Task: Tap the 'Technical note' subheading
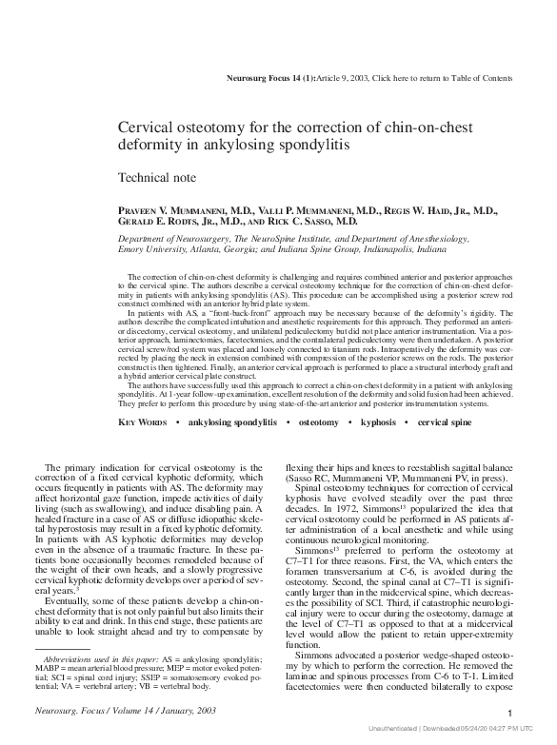156,177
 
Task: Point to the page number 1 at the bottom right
511,713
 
